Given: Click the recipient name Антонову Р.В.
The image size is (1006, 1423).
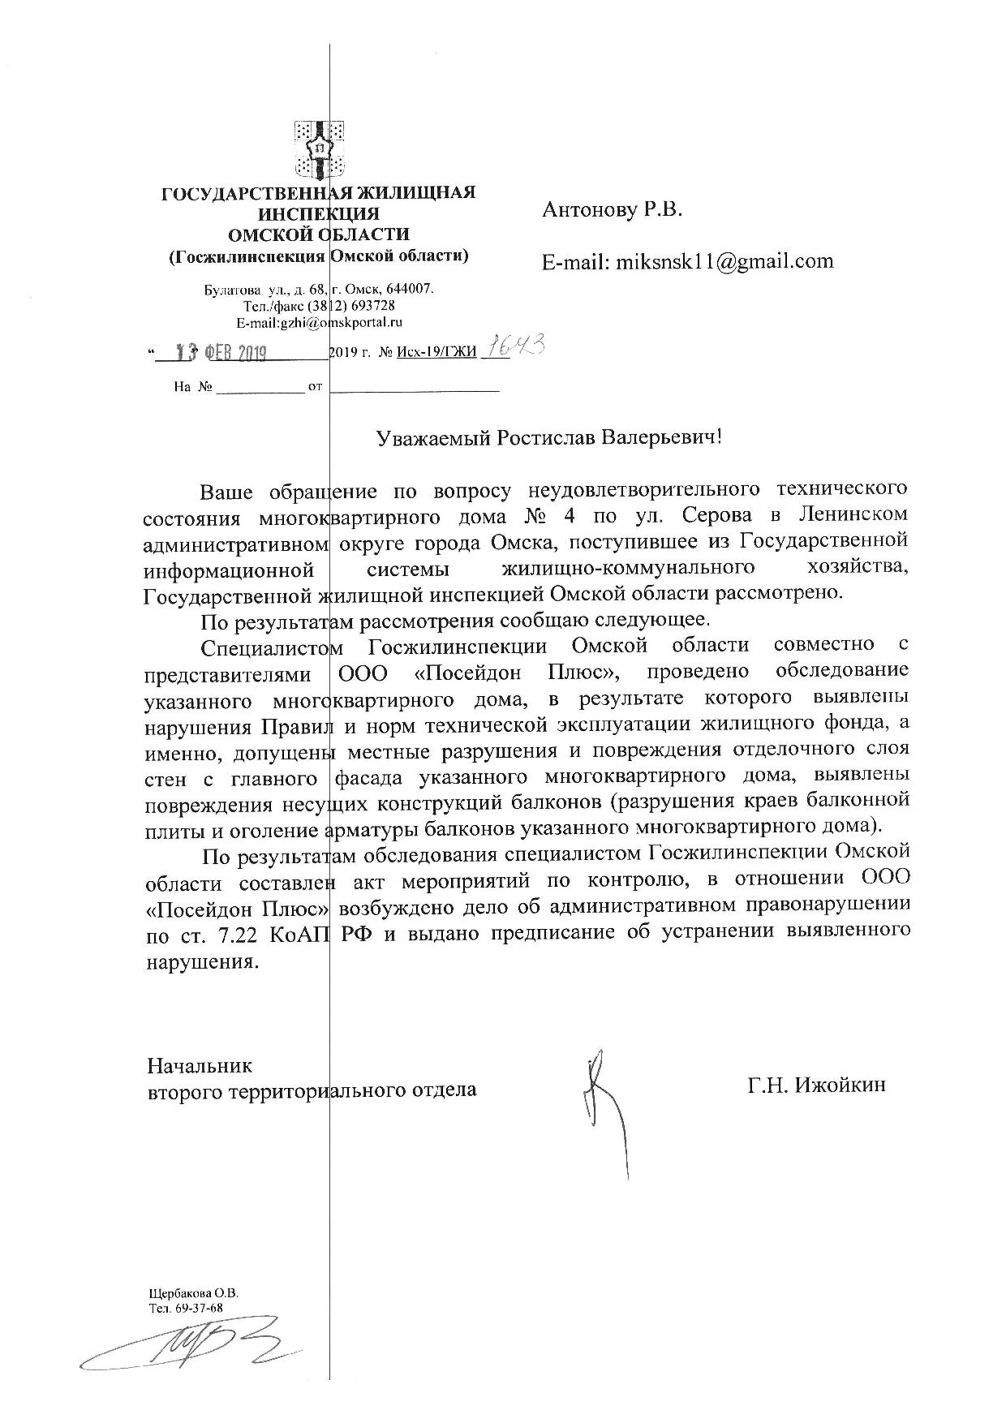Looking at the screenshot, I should point(613,211).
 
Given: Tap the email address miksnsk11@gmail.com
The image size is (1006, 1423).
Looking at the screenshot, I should point(724,260).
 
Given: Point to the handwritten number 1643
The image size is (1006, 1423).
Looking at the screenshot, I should point(514,348).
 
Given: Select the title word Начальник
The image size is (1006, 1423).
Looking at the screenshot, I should point(200,1064).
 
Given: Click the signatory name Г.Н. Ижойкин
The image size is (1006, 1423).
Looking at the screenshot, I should point(817,1085).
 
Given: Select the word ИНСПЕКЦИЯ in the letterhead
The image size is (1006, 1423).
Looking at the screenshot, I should point(318,214).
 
